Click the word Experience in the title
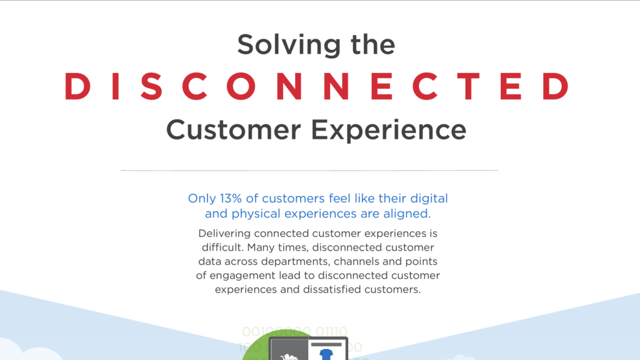[389, 129]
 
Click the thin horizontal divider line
[309, 170]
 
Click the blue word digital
[429, 199]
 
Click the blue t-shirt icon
[326, 354]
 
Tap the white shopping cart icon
[289, 356]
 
